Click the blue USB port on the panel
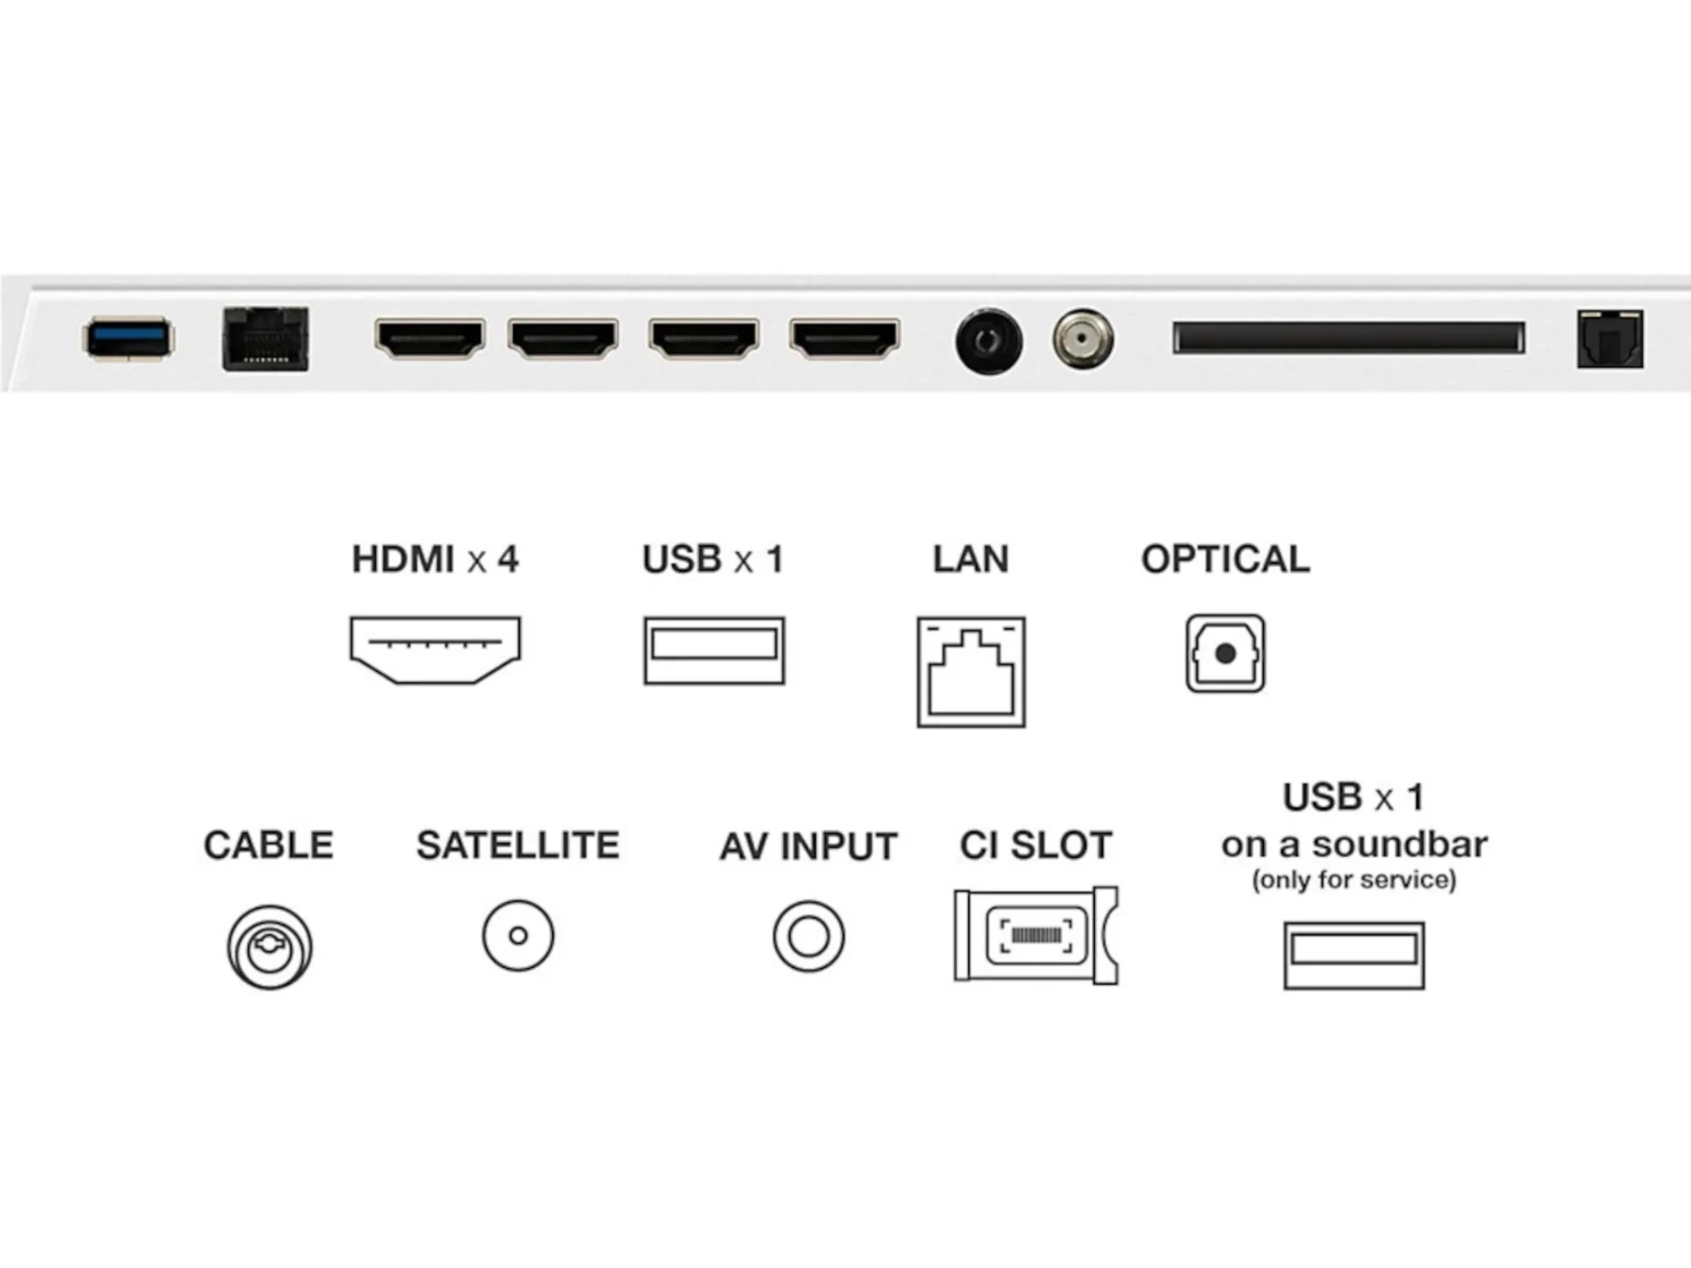[129, 338]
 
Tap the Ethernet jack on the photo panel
[265, 339]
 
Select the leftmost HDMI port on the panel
[430, 339]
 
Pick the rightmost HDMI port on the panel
[844, 339]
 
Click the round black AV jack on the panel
[988, 342]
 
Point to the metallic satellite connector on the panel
[1083, 340]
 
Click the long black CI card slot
[1349, 338]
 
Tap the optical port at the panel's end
[1610, 339]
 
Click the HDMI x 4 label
[435, 560]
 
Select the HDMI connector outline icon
[435, 649]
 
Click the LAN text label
[971, 560]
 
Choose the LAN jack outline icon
[971, 672]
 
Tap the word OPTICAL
[1225, 560]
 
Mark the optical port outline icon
[1225, 653]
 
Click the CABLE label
[269, 845]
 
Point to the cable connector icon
[270, 947]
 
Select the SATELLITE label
[517, 845]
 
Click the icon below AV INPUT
[808, 936]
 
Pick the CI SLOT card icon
[1036, 935]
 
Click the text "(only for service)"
[1354, 880]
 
